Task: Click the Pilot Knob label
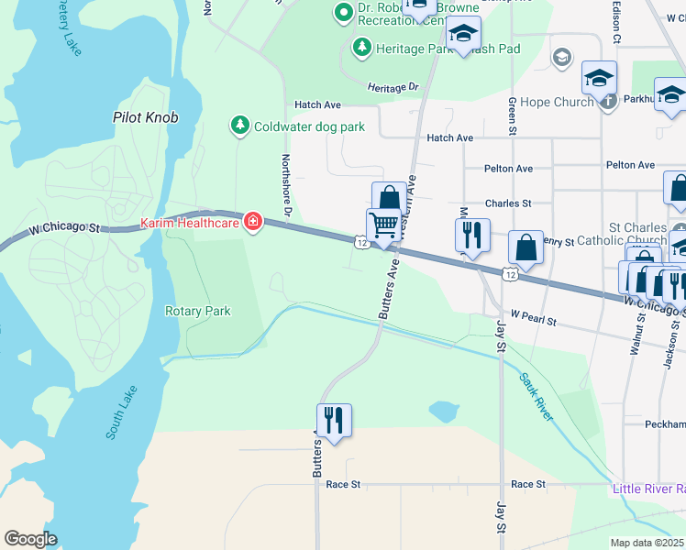point(145,117)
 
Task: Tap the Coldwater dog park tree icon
point(240,126)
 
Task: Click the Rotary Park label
point(197,311)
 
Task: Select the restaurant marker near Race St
point(333,421)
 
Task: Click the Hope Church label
point(557,103)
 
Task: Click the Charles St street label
point(508,203)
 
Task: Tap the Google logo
point(30,539)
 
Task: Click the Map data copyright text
point(647,543)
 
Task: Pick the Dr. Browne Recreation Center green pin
point(344,13)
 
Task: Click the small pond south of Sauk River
point(445,412)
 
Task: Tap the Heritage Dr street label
point(393,87)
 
